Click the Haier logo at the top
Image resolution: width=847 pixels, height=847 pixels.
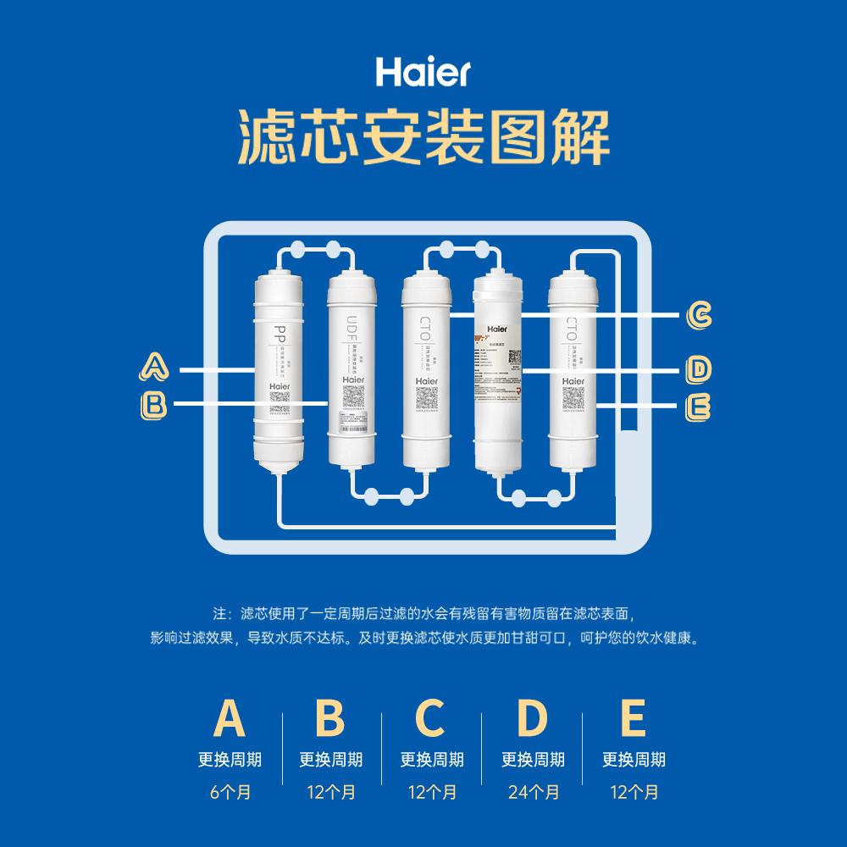[x=423, y=72]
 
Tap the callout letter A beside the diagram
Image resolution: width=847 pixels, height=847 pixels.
[x=154, y=368]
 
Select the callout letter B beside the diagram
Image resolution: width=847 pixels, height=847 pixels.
[x=154, y=404]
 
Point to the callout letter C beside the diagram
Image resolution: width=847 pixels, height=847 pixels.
[x=699, y=315]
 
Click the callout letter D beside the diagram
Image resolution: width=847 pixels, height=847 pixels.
[x=699, y=368]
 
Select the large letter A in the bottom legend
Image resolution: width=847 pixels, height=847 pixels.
[x=230, y=718]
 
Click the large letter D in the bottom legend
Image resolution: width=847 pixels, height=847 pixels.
[x=532, y=718]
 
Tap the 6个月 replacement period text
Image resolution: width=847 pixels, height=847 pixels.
[x=230, y=793]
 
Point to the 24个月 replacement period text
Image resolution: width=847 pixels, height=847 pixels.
[x=533, y=793]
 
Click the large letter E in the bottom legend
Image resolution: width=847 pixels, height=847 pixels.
[x=633, y=718]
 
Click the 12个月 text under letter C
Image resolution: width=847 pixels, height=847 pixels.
[x=432, y=793]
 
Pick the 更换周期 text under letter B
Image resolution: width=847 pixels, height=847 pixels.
[x=330, y=760]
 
